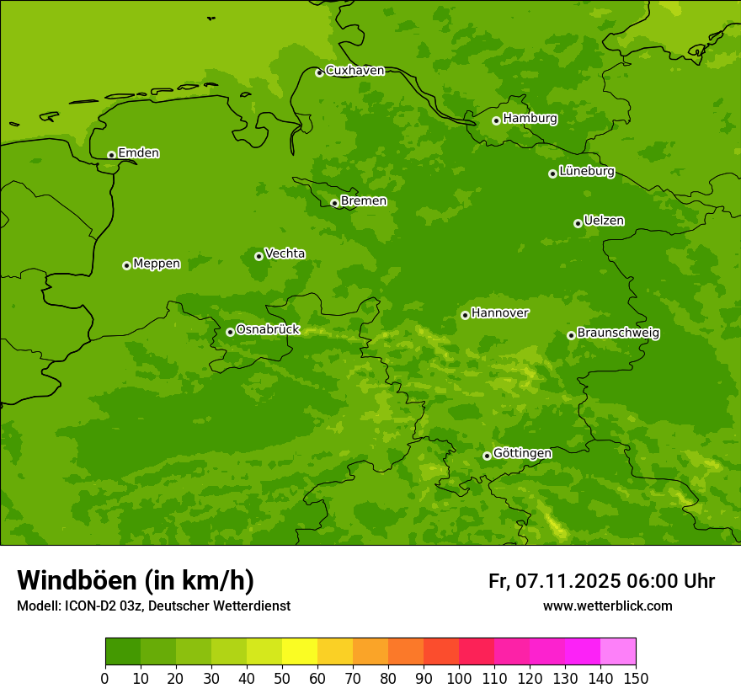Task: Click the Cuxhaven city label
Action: pos(355,71)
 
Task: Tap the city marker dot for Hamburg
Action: pos(496,120)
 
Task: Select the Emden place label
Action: pos(138,153)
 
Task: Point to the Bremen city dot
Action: pos(334,203)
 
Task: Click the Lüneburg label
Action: pos(586,172)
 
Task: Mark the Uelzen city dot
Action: pos(578,223)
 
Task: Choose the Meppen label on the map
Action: pos(157,264)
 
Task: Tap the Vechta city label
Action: pos(285,254)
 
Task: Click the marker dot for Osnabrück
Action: pos(230,332)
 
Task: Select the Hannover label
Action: pos(499,313)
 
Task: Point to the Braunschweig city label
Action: pos(618,333)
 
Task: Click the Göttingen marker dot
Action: pos(487,456)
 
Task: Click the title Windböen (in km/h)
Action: pos(136,580)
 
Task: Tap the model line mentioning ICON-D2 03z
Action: pos(153,606)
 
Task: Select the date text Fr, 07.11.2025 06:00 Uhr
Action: pos(601,581)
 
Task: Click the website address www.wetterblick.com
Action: pos(607,606)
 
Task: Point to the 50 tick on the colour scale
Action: pos(282,678)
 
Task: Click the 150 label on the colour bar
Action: pos(636,678)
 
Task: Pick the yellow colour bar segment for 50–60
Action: pos(300,652)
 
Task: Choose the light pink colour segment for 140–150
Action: pos(618,652)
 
